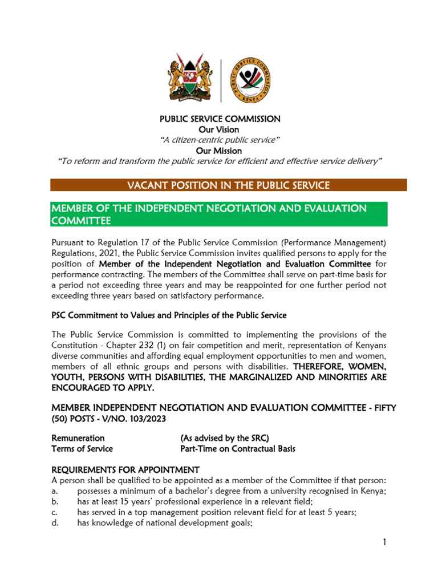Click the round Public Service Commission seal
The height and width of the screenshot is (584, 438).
click(250, 80)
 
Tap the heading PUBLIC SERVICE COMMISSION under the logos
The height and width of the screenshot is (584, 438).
click(219, 119)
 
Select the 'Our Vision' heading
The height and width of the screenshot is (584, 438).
click(219, 129)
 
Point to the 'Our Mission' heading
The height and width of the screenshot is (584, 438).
click(219, 151)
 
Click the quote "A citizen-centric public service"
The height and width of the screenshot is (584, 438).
click(219, 140)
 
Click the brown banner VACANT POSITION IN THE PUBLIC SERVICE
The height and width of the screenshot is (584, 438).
click(228, 185)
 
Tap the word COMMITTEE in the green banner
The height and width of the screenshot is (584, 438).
click(81, 220)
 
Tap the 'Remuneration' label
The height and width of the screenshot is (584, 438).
click(78, 438)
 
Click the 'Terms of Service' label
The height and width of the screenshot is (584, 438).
click(82, 449)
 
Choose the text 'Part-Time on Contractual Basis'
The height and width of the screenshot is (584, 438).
click(238, 449)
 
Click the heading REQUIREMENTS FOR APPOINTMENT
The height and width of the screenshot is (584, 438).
click(125, 470)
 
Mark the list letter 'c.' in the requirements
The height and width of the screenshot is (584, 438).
click(55, 513)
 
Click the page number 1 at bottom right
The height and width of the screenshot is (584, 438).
click(385, 542)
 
